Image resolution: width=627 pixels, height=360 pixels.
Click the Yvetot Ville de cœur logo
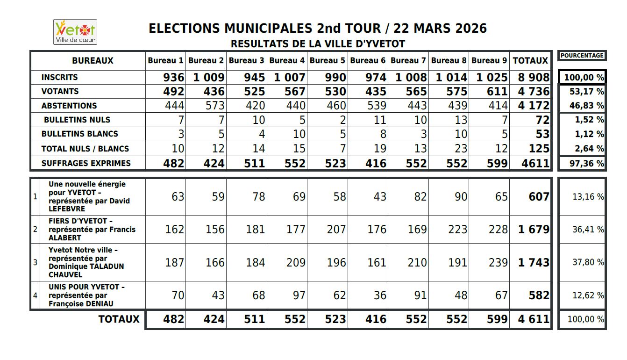tap(75, 32)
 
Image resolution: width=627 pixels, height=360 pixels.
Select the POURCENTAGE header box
tap(582, 56)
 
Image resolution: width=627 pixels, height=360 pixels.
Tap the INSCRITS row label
tap(59, 77)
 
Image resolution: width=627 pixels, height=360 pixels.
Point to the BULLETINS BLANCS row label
tap(79, 134)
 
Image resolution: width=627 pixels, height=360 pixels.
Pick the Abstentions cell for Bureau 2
tap(214, 106)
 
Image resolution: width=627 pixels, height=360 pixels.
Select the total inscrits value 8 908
tap(534, 78)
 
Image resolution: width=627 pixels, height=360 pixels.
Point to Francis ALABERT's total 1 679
tap(534, 230)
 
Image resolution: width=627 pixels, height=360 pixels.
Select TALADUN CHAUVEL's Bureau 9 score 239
tap(498, 262)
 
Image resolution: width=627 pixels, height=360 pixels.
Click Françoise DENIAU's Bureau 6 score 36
tap(379, 295)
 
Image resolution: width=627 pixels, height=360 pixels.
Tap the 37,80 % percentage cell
tap(588, 262)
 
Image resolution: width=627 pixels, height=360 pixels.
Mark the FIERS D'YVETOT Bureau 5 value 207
tap(336, 230)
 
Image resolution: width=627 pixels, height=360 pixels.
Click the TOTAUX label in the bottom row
tap(119, 319)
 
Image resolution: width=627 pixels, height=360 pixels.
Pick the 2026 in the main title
tap(470, 29)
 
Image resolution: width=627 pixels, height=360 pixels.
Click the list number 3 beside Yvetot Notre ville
tap(35, 262)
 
